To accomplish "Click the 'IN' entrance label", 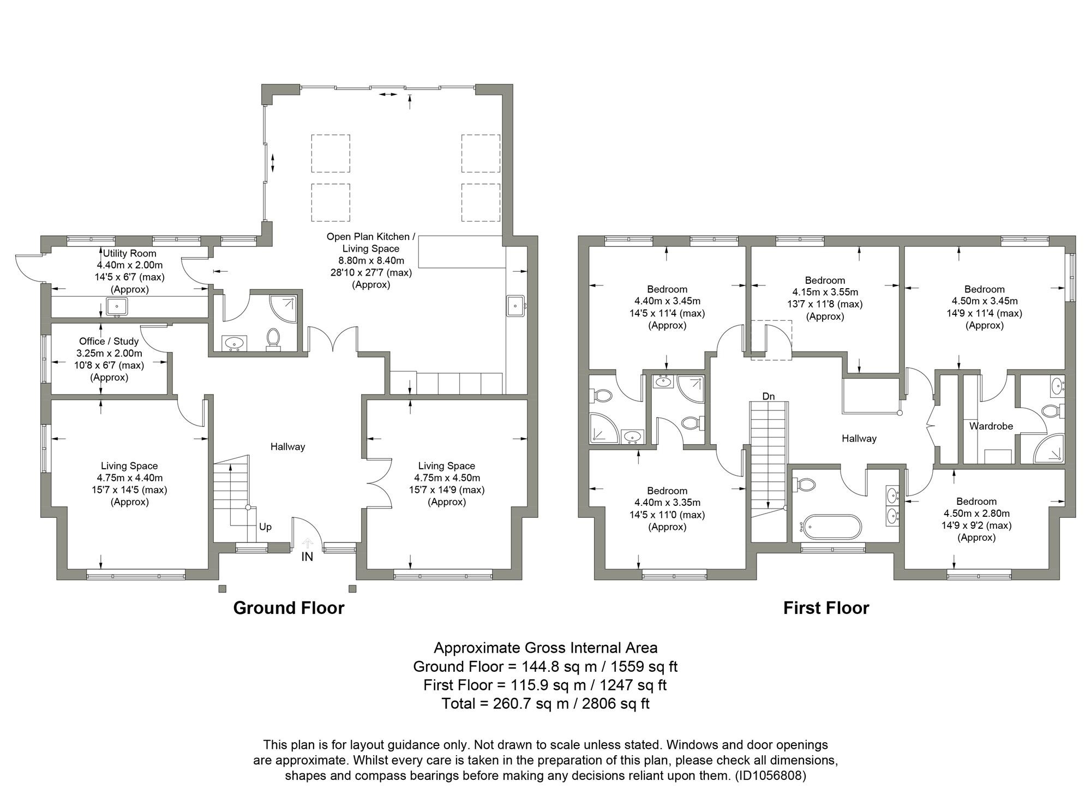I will (x=307, y=557).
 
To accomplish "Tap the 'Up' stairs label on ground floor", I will (x=265, y=527).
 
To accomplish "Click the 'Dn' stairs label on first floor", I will (x=768, y=396).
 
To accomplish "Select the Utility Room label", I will (x=129, y=253).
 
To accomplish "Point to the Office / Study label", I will (x=109, y=341).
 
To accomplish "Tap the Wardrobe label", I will (x=991, y=426).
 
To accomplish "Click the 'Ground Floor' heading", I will (x=289, y=608).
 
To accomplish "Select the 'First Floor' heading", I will (x=826, y=608).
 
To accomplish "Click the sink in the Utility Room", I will (x=117, y=307).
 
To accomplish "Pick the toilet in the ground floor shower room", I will (x=273, y=338).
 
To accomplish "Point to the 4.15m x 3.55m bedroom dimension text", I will (x=825, y=292).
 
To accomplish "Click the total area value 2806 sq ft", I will (x=615, y=703).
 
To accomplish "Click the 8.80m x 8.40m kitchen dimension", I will (x=371, y=260).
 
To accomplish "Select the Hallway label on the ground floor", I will (x=287, y=446).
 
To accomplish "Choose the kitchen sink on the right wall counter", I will (x=515, y=306).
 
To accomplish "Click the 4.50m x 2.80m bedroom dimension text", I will (x=976, y=513).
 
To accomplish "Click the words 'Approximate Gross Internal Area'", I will (x=545, y=648).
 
